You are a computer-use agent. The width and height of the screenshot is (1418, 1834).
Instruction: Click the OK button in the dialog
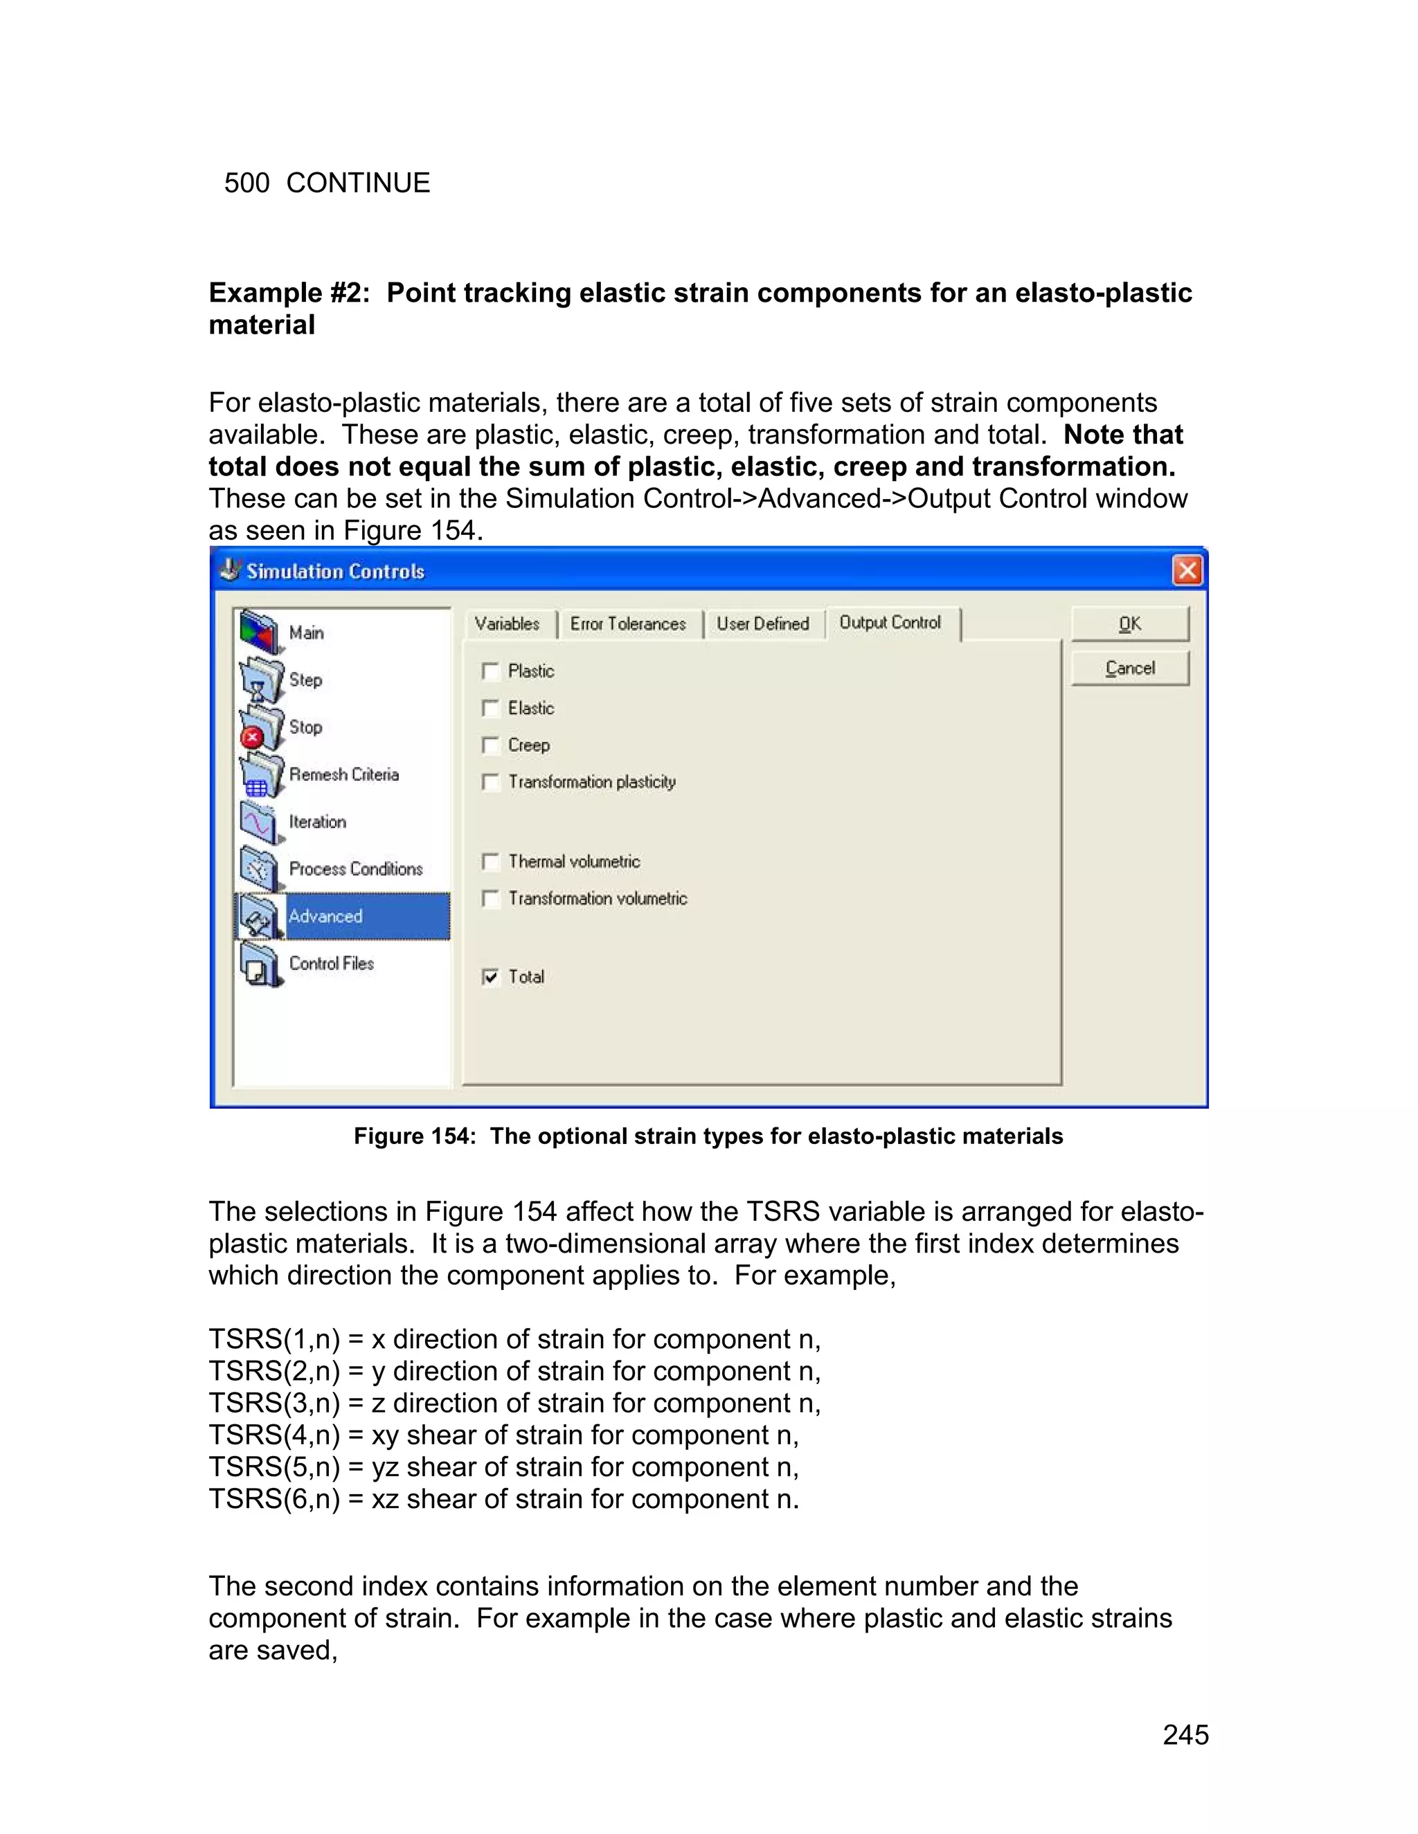(1129, 624)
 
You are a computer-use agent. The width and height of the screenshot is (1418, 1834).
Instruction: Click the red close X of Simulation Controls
(1187, 571)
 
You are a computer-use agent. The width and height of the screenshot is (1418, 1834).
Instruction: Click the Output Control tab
(890, 622)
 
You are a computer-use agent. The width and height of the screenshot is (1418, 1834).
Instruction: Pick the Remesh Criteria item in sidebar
(343, 774)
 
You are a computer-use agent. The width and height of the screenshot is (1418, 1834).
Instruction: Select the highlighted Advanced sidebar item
(326, 916)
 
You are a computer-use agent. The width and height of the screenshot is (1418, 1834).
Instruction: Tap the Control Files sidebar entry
(331, 963)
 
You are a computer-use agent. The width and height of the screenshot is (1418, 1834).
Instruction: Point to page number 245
(1185, 1735)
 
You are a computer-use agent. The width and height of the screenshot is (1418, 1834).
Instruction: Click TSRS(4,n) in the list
(274, 1435)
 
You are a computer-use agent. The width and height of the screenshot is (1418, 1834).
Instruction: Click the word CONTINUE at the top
(358, 183)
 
